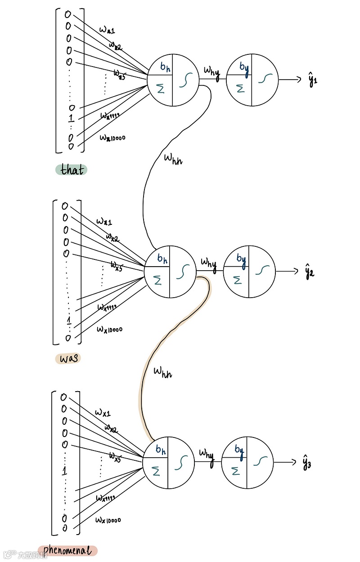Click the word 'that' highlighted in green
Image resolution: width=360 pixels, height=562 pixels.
coord(71,170)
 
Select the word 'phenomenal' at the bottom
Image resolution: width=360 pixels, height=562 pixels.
coord(67,550)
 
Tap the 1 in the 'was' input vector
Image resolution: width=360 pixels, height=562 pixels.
coord(68,320)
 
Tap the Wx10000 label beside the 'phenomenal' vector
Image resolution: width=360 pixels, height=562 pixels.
coord(108,520)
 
